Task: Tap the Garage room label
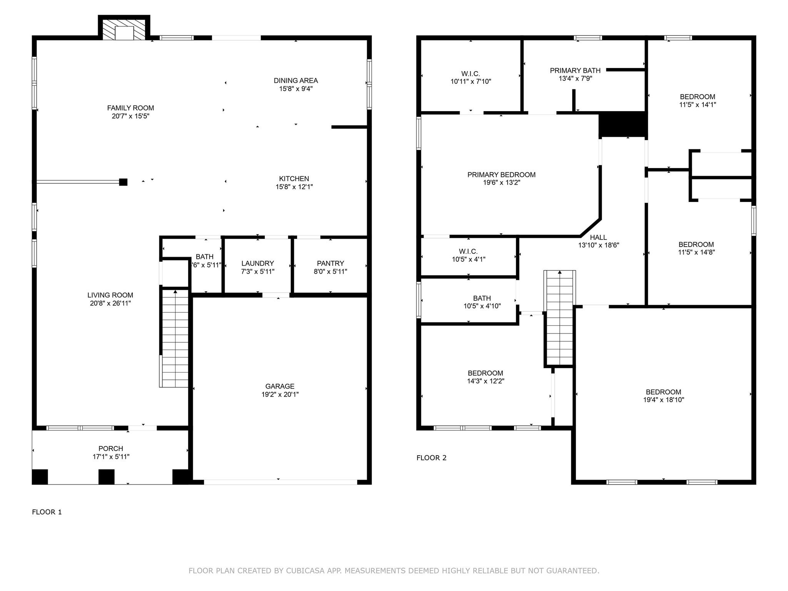coord(280,386)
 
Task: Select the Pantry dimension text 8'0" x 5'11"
coord(330,272)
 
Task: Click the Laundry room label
coord(257,263)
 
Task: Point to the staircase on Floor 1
coord(175,339)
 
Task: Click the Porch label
coord(111,449)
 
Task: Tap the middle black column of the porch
coord(107,477)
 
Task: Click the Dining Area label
coord(295,80)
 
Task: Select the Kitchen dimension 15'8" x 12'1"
coord(294,187)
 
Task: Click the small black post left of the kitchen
coord(123,182)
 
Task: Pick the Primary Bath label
coord(575,70)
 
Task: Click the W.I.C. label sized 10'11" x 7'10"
coord(471,73)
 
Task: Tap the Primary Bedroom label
coord(501,175)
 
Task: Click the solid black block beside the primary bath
coord(622,124)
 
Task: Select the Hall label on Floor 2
coord(598,237)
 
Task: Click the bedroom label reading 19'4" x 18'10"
coord(663,392)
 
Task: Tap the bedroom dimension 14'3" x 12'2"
coord(485,381)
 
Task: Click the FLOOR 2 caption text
coord(431,458)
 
